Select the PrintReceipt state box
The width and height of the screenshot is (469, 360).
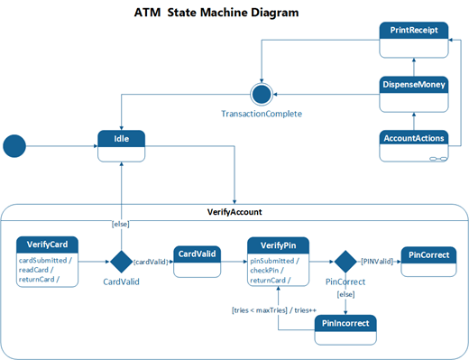coord(412,40)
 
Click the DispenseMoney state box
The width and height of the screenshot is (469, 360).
coord(412,93)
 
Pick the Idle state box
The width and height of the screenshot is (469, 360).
coord(122,146)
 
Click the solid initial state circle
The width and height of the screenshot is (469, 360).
coord(15,145)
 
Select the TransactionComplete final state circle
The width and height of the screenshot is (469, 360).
coord(261,94)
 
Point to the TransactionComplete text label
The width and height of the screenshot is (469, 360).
coord(261,114)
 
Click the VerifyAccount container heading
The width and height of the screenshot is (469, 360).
coord(234,211)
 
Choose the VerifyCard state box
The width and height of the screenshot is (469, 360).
coord(47,262)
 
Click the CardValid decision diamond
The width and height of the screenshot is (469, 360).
coord(121,262)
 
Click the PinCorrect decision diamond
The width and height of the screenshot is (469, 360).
coord(344,262)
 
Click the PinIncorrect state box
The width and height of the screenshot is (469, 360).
coord(346,329)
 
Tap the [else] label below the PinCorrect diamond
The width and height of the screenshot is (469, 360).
coord(345,294)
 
